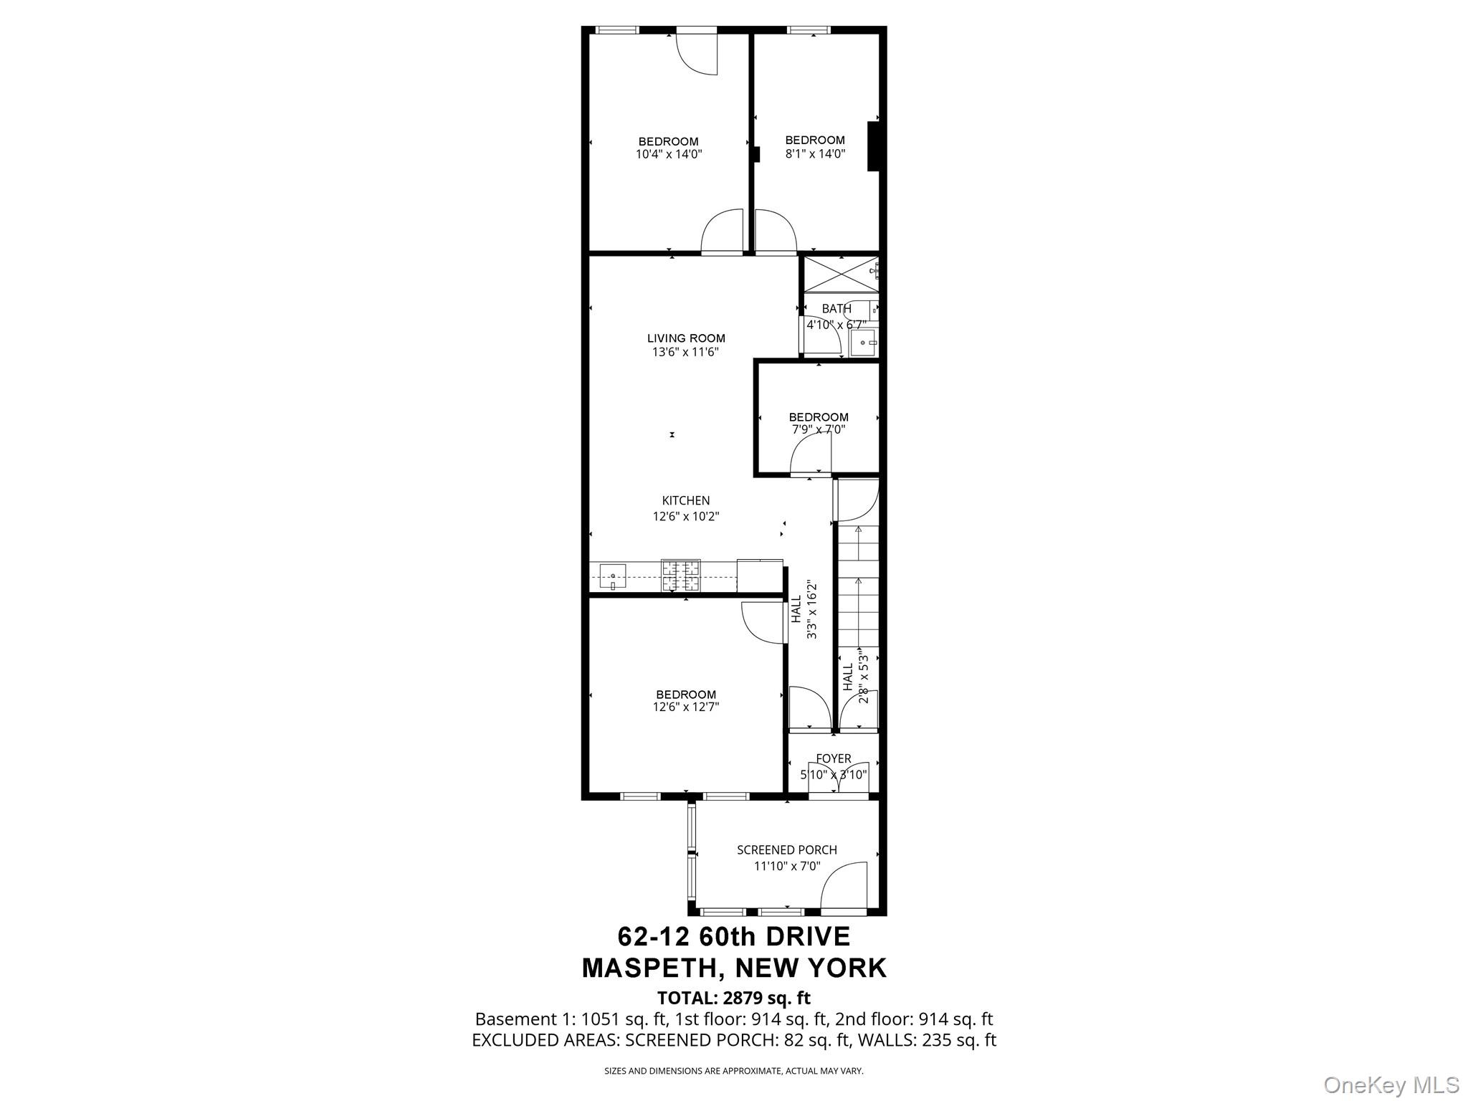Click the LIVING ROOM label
pyautogui.click(x=686, y=338)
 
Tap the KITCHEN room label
pyautogui.click(x=686, y=501)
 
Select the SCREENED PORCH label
pyautogui.click(x=786, y=850)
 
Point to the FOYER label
pyautogui.click(x=833, y=758)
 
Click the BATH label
pyautogui.click(x=836, y=309)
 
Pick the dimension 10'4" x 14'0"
pyautogui.click(x=668, y=154)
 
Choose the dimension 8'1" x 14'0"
pyautogui.click(x=815, y=153)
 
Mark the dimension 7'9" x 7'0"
pyautogui.click(x=818, y=430)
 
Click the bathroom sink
pyautogui.click(x=864, y=343)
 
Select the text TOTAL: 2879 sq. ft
pyautogui.click(x=733, y=998)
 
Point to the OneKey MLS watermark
pyautogui.click(x=1391, y=1085)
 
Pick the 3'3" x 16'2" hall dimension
pyautogui.click(x=811, y=609)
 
